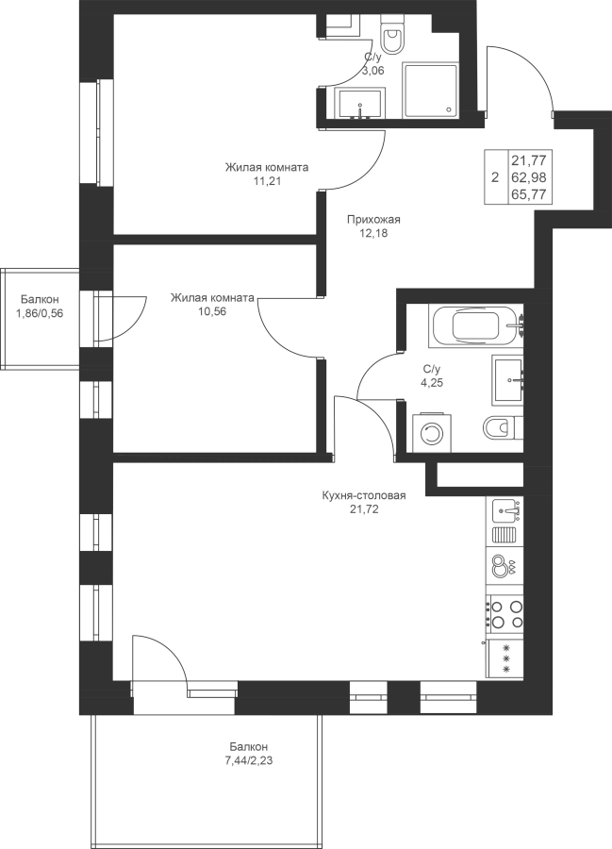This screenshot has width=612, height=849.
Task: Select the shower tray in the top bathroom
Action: [x=431, y=90]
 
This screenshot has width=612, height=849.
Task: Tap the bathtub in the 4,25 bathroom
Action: [x=475, y=325]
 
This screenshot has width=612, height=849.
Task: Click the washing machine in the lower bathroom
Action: [x=431, y=433]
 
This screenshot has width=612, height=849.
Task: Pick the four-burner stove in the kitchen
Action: [x=504, y=614]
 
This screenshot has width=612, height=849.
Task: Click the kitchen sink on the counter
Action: [x=508, y=510]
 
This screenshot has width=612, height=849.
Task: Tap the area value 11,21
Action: [x=267, y=181]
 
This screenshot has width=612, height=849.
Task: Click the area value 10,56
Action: [x=211, y=311]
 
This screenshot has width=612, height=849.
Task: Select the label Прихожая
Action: [x=373, y=219]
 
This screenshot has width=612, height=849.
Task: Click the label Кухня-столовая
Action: [x=364, y=495]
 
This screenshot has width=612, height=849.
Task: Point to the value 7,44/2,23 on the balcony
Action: [x=248, y=760]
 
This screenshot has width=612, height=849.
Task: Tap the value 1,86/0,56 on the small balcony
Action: [x=40, y=312]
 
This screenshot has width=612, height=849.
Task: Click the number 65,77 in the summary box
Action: [x=531, y=194]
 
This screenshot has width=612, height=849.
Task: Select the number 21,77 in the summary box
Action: [x=531, y=159]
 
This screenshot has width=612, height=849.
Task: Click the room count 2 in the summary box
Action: [x=494, y=177]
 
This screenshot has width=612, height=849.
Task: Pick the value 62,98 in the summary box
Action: [x=531, y=177]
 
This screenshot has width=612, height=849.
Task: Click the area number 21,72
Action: [x=364, y=508]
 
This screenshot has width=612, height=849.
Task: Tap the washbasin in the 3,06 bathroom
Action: [x=360, y=104]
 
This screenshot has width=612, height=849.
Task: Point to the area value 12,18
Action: [x=373, y=233]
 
